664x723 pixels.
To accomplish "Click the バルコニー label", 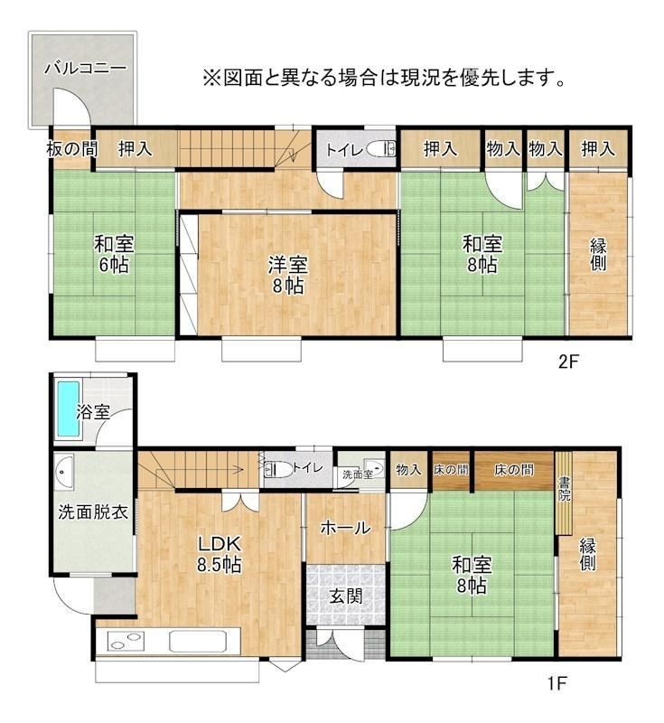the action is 85,69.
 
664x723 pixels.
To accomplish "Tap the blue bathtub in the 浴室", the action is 67,409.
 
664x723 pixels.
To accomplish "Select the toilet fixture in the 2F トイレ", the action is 381,149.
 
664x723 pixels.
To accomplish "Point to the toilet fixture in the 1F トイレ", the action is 278,469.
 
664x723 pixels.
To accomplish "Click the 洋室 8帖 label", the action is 288,276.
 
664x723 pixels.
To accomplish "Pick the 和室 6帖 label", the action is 114,255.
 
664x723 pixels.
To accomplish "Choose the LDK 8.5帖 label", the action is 220,554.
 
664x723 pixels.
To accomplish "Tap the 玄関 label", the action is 346,596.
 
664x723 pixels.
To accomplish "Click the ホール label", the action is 346,528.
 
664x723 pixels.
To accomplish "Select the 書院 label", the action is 564,490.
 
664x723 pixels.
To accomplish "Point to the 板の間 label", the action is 72,149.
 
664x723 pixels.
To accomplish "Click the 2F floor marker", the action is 567,362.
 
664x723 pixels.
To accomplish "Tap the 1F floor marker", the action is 556,683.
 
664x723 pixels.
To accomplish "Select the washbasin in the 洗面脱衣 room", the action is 63,472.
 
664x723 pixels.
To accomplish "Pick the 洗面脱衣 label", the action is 93,512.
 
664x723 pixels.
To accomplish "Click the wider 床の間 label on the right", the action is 514,470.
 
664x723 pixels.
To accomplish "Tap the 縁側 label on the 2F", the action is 598,255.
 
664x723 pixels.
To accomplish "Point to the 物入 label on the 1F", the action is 408,470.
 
